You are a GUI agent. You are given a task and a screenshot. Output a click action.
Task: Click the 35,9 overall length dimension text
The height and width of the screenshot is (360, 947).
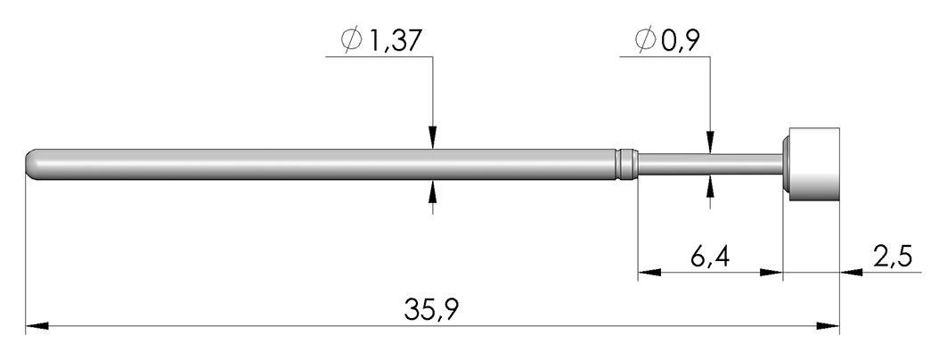coord(432,310)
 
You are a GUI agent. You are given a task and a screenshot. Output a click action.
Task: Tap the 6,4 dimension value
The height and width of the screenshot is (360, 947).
coord(710,258)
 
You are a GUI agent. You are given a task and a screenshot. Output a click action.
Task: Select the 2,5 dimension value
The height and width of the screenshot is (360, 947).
coord(892,258)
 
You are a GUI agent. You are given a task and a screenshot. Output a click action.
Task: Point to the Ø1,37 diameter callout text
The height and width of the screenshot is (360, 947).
coord(380,41)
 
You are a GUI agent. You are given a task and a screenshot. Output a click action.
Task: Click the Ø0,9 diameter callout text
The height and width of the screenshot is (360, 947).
coord(666,40)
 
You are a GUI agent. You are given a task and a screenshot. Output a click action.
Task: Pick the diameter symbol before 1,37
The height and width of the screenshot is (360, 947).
coord(351,41)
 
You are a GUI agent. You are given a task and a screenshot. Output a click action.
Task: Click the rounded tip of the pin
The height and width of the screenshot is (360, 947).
coord(31,164)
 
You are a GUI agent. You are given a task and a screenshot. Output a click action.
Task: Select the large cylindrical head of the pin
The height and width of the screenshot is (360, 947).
coord(811,164)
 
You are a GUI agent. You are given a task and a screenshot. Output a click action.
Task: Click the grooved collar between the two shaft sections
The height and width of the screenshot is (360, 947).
coord(628,164)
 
